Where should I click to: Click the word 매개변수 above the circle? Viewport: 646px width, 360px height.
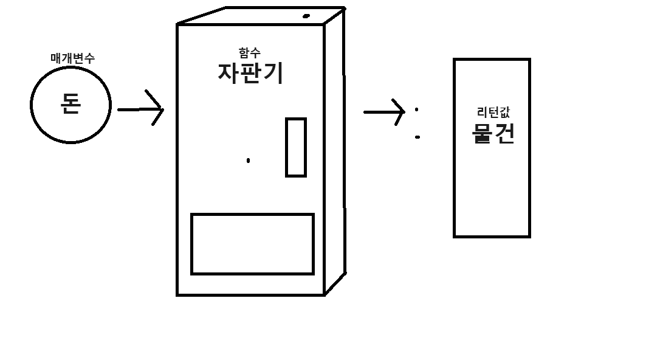(72, 58)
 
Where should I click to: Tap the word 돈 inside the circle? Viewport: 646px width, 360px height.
(71, 105)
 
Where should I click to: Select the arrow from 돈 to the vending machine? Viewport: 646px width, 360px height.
(140, 109)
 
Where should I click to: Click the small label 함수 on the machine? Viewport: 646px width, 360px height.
(250, 53)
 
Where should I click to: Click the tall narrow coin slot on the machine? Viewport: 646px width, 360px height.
(296, 147)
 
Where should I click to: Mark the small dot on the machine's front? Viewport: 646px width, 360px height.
(248, 161)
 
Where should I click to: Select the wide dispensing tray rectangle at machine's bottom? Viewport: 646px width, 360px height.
(252, 244)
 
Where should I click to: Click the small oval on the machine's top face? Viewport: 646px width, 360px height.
(306, 16)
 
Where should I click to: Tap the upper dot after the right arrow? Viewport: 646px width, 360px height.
(416, 110)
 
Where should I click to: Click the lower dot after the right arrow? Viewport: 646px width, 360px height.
(417, 137)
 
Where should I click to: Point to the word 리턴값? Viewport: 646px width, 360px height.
(493, 112)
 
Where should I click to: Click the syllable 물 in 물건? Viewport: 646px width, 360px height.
(482, 133)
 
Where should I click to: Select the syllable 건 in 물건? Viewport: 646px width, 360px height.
(504, 133)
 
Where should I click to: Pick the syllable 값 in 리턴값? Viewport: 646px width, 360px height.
(504, 112)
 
